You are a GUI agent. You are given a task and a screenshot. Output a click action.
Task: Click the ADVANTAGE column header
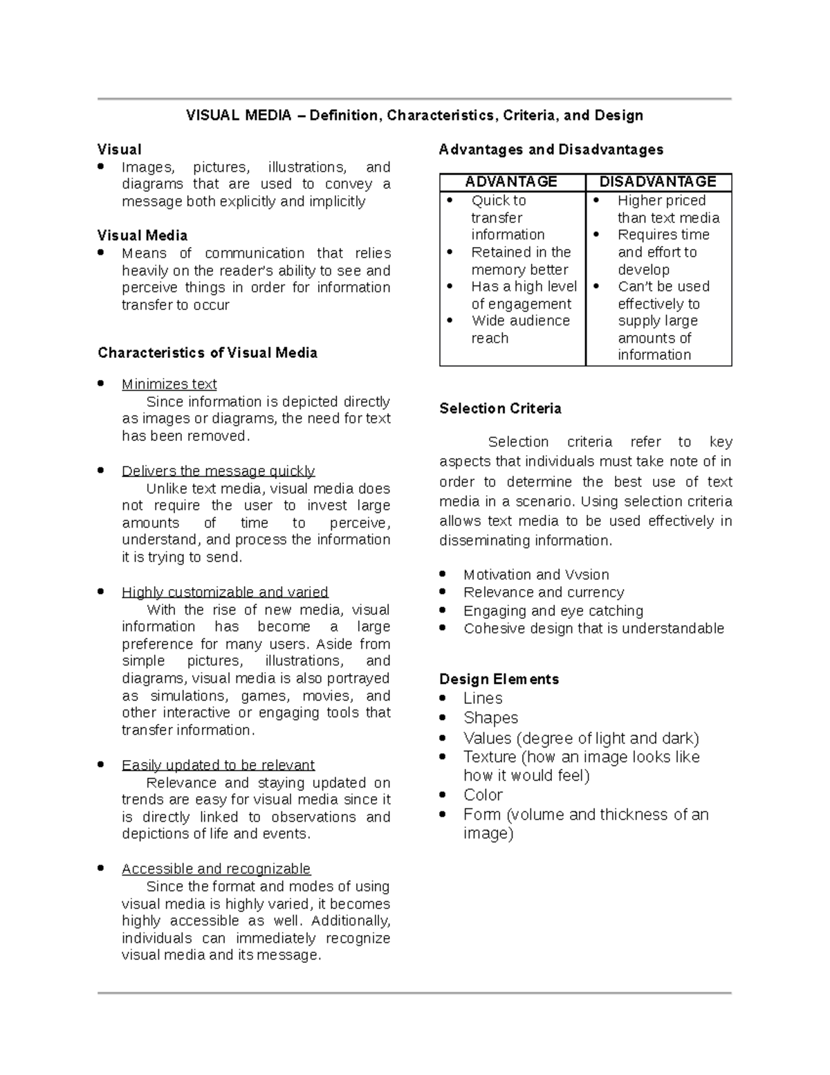coord(511,182)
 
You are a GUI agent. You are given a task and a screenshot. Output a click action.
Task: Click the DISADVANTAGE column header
coord(658,182)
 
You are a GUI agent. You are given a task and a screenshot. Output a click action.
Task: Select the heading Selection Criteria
coord(500,408)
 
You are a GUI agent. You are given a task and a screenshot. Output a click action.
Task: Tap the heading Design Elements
coord(499,679)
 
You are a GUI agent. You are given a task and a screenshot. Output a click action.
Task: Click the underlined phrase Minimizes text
coord(169,384)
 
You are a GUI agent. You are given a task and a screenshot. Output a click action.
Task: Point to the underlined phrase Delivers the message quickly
coord(218,471)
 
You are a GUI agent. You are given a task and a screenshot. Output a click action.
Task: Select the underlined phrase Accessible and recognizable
coord(216,869)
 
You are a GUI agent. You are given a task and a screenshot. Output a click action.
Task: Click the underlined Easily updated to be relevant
coord(218,765)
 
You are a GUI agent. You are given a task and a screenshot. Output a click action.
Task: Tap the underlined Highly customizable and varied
coord(225,592)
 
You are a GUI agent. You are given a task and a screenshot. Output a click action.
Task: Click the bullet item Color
coord(483,795)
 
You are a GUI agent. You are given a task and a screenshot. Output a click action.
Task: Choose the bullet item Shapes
coord(490,718)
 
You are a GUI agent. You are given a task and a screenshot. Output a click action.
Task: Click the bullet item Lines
coord(483,698)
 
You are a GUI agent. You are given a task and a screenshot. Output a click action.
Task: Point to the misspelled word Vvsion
coord(587,575)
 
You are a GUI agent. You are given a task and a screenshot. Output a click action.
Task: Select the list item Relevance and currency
coord(544,593)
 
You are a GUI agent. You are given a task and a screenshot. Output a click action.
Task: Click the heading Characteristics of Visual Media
coord(207,353)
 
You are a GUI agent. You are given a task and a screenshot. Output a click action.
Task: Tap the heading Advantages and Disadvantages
coord(551,150)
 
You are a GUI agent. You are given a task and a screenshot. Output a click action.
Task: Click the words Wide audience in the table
coord(520,321)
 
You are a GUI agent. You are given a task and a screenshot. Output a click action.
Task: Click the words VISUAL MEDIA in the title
coord(239,116)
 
